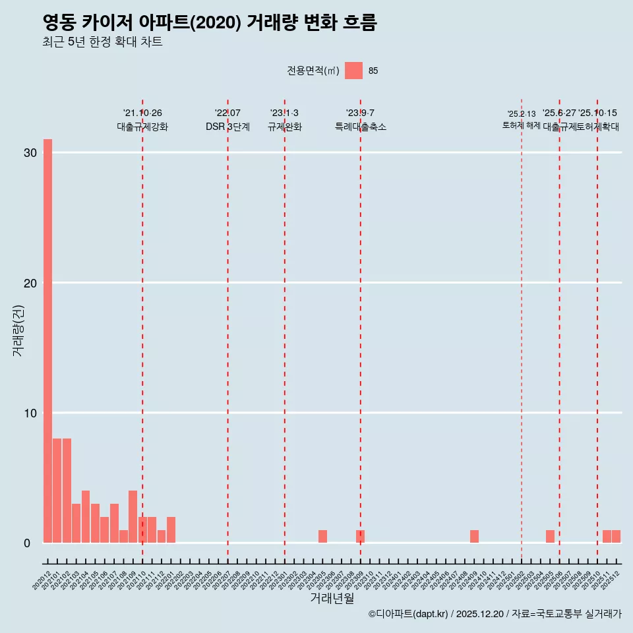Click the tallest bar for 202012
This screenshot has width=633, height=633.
pos(47,341)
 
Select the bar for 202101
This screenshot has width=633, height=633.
pos(57,491)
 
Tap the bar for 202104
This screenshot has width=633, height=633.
pos(86,516)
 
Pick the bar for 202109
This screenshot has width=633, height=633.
pos(133,516)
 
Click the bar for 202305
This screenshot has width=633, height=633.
pos(322,536)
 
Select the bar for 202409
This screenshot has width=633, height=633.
pos(474,536)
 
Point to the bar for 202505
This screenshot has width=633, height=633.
pos(550,536)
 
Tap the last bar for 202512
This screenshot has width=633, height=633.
pos(616,536)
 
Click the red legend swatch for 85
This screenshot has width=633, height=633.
pos(353,71)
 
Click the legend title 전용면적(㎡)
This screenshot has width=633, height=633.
pos(313,71)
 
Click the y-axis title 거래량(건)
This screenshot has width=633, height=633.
pos(18,330)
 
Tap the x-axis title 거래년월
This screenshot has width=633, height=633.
pos(332,599)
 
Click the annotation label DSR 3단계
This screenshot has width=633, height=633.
pos(227,127)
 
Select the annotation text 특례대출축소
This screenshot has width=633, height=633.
pos(360,127)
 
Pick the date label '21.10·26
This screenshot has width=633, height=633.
pos(142,113)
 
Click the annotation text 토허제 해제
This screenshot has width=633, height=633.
pos(521,125)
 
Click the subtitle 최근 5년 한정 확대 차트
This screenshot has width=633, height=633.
pos(102,42)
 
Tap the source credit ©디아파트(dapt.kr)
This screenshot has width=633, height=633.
pos(408,615)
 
